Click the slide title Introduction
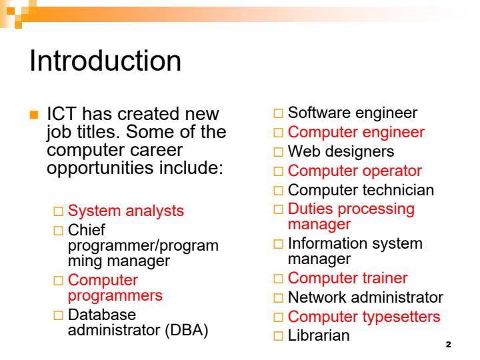click(105, 61)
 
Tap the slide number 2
click(447, 345)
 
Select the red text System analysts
click(126, 211)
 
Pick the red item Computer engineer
click(355, 132)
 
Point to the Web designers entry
click(341, 151)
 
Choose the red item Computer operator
click(355, 171)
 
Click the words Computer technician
click(361, 190)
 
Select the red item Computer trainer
click(347, 277)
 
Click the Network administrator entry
click(365, 297)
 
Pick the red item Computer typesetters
click(364, 316)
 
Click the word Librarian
click(318, 335)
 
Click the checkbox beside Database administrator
click(59, 315)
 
